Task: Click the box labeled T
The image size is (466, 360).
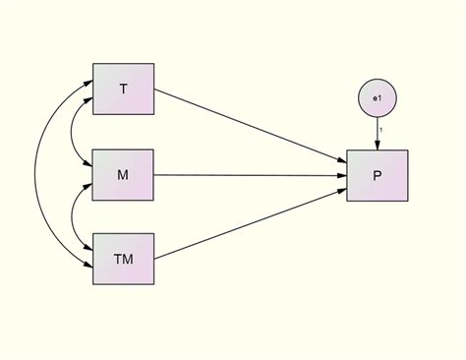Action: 123,90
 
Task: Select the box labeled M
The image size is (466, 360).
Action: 123,175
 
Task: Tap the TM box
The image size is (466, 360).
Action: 123,260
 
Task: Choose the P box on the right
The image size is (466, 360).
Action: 377,175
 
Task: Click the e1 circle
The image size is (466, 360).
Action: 377,99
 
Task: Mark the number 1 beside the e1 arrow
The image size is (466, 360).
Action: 381,131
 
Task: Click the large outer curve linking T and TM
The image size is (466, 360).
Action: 36,175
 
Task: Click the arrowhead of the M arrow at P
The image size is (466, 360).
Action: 341,175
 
